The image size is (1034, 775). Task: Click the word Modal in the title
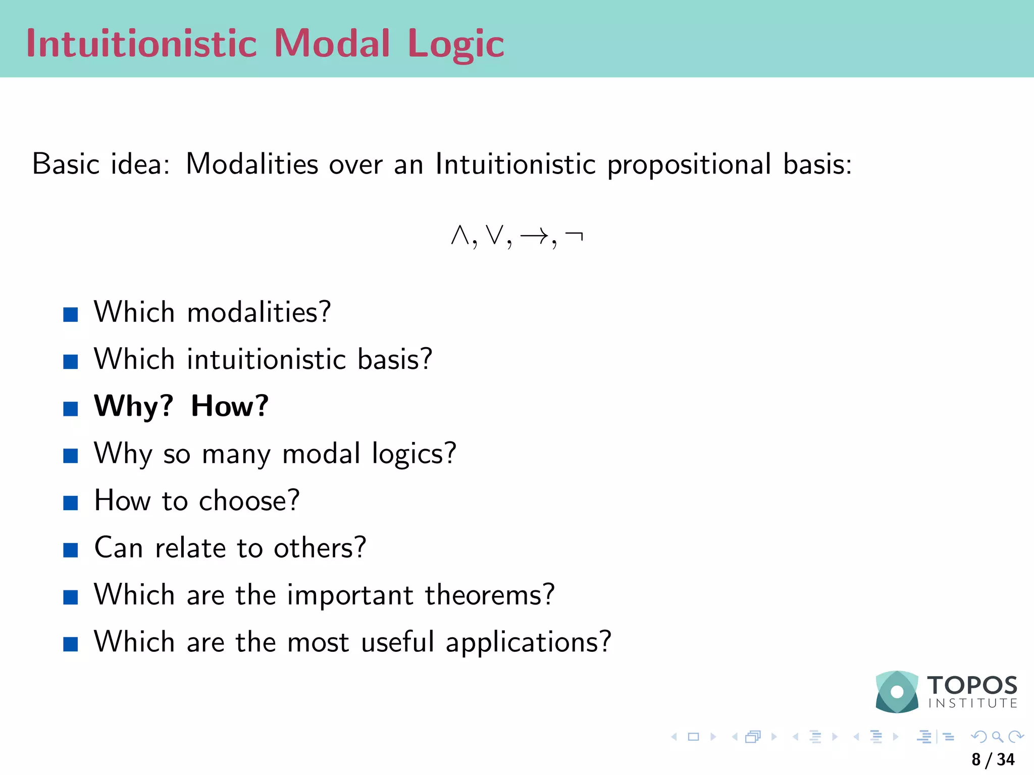click(332, 43)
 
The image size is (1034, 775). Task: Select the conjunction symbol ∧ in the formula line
click(460, 235)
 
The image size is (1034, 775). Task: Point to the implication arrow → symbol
click(534, 235)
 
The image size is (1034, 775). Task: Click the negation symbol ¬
click(574, 235)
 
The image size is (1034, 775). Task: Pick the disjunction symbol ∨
click(495, 235)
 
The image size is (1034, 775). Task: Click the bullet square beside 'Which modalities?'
click(71, 314)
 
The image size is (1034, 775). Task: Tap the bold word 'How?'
click(230, 406)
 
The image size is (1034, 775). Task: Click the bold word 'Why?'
click(134, 406)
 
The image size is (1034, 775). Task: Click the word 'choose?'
click(249, 501)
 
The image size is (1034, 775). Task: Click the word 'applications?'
click(528, 643)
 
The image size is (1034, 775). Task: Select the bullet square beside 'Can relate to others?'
click(71, 550)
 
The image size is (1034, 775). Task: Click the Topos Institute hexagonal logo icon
click(897, 691)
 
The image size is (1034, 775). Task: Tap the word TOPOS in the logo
click(972, 685)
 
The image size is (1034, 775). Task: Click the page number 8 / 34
click(993, 759)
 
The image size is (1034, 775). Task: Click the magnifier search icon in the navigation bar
click(997, 737)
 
